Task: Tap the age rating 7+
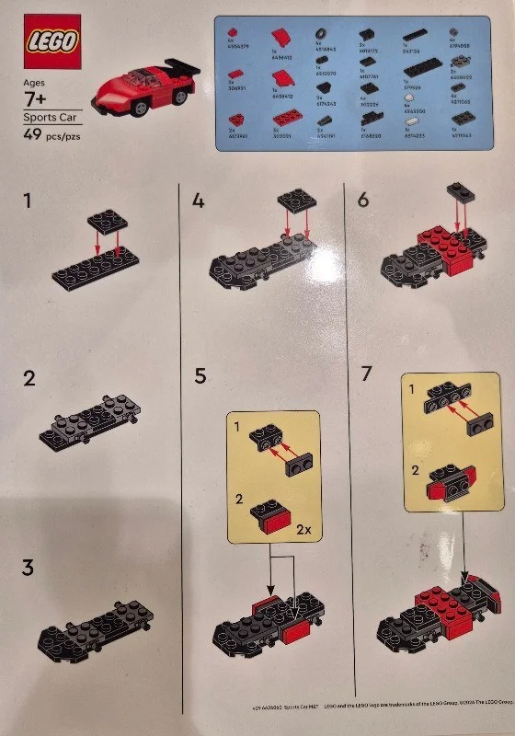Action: pos(39,97)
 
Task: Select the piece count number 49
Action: pos(34,135)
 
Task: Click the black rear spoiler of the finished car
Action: pos(182,67)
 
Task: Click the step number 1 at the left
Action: pos(30,200)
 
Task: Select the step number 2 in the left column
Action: pos(29,377)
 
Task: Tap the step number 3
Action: pos(29,568)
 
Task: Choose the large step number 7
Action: pos(367,376)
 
